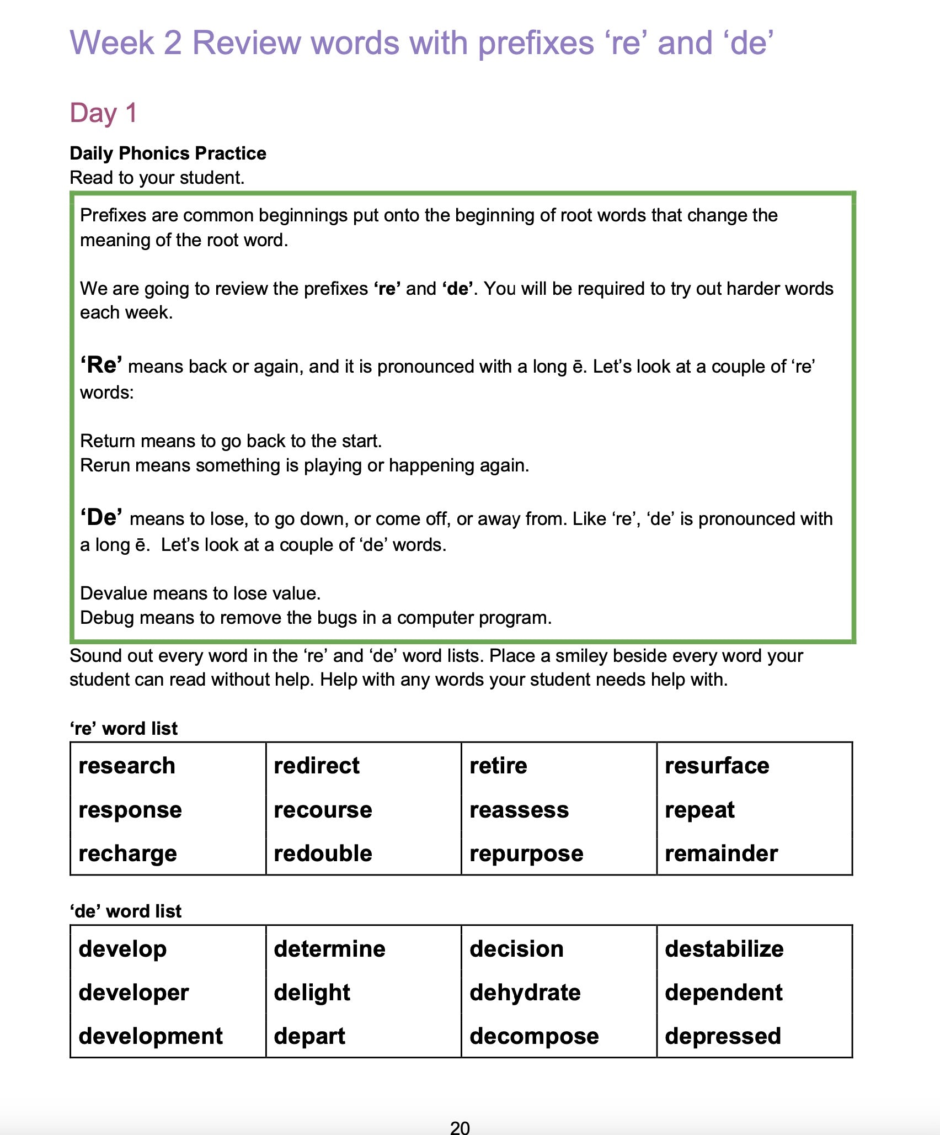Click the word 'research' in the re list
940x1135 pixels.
tap(127, 766)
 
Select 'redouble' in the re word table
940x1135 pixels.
tap(323, 853)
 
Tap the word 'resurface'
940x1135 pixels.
tap(717, 766)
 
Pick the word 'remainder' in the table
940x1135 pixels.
tap(721, 853)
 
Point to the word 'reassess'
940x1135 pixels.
tap(519, 810)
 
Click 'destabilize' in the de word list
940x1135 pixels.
tap(724, 949)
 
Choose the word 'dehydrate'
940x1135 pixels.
tap(525, 993)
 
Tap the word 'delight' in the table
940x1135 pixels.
tap(312, 993)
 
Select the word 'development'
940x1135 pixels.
tap(151, 1036)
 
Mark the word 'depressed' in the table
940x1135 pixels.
tap(723, 1036)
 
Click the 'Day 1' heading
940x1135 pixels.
tap(103, 113)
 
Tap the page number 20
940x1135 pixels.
tap(460, 1127)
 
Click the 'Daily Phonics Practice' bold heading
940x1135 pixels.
tap(168, 153)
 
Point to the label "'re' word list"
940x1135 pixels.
tap(124, 729)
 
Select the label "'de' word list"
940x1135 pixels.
tap(125, 911)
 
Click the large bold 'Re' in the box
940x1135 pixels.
tap(102, 365)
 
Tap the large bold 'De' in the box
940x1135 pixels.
tap(102, 518)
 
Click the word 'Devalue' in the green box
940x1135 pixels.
tap(114, 593)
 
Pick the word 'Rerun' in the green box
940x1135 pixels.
tap(105, 465)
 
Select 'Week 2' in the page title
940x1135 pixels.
tap(126, 43)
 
